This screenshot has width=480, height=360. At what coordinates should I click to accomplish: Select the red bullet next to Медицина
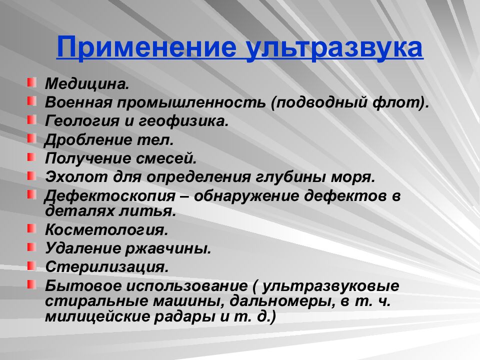point(31,81)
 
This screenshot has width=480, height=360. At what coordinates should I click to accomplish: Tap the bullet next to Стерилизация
point(31,264)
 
